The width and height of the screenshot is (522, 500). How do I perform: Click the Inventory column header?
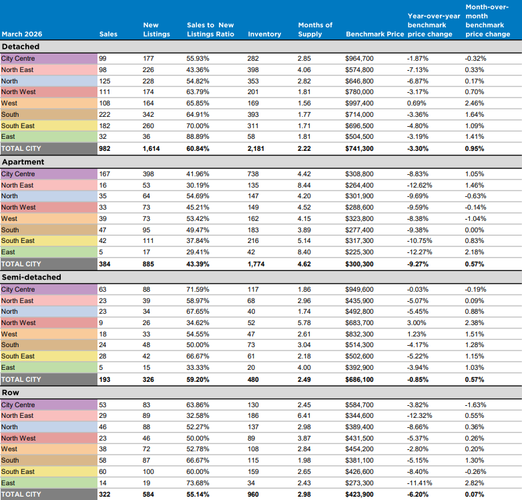264,34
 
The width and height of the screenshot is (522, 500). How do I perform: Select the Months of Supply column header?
315,29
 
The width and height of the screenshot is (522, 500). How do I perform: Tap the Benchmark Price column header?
375,34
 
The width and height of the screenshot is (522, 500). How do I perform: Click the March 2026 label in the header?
22,34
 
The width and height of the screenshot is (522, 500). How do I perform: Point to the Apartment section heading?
23,162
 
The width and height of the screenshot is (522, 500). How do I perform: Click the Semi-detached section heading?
31,277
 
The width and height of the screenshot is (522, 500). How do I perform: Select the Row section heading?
11,393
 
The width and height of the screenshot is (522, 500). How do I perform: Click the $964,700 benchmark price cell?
359,59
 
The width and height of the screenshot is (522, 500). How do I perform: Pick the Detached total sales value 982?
105,148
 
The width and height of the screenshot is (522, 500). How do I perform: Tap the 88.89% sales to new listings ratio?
198,136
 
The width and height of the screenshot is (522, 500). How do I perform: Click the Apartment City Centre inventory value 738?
253,174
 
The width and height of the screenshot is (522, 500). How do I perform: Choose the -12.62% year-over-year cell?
419,185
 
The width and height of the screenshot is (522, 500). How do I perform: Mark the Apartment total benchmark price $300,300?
359,264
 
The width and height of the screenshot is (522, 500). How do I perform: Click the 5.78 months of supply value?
304,322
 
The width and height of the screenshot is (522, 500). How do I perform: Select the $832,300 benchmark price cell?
359,334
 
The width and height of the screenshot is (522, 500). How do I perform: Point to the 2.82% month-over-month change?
475,483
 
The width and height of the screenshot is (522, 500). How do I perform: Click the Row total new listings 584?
148,495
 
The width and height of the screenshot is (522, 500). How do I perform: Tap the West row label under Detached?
9,103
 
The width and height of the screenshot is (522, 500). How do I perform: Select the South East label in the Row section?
17,471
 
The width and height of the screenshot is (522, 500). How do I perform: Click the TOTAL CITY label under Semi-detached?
21,379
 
